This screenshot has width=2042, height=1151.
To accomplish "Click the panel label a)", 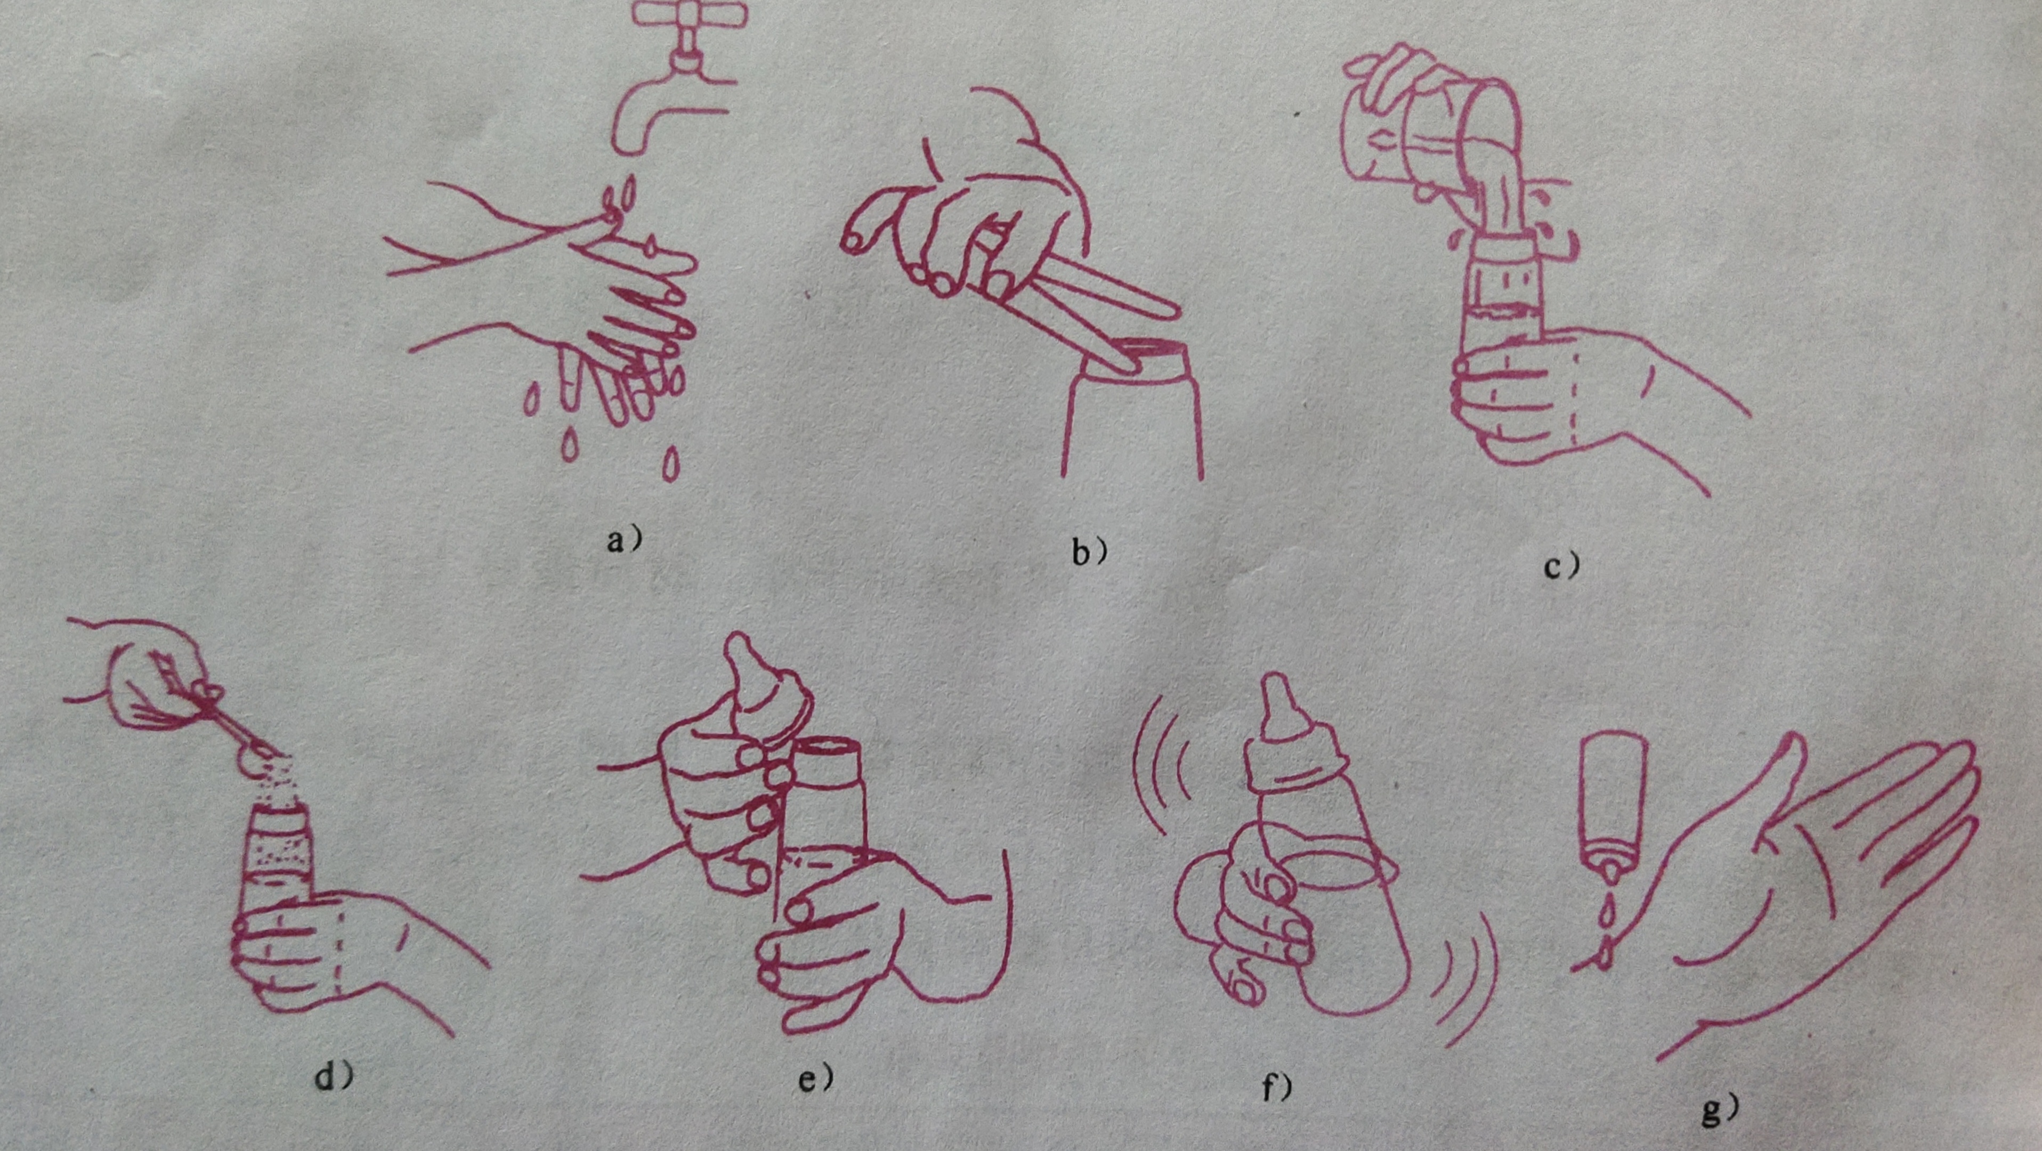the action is click(x=623, y=541).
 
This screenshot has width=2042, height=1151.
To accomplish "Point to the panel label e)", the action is click(x=814, y=1079).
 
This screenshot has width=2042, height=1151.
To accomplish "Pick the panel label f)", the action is click(x=1276, y=1088).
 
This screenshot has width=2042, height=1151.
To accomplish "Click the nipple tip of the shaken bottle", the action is click(x=1275, y=690).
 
